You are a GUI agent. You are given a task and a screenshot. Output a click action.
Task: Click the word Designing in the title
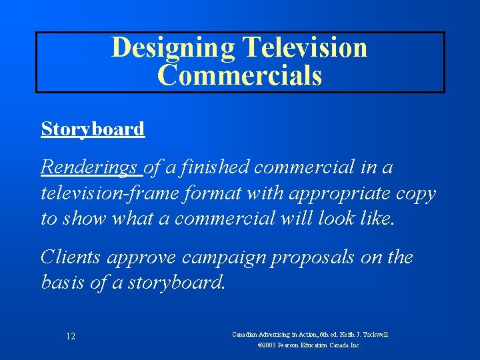point(173,48)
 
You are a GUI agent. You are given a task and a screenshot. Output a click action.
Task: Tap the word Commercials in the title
point(240,75)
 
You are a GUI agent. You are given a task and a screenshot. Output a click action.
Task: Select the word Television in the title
point(305,48)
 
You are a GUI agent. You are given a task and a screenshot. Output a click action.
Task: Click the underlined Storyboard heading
point(93,129)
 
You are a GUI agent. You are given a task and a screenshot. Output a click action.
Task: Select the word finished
point(216,168)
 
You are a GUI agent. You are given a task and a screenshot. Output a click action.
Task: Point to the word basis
point(65,283)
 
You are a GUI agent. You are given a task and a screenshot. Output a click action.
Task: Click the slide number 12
point(71,337)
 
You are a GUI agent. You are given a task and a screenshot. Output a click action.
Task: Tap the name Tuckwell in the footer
point(373,334)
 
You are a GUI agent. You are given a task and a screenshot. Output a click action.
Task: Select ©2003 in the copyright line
point(267,346)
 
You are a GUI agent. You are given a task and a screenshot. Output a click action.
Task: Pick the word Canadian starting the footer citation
point(246,334)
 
